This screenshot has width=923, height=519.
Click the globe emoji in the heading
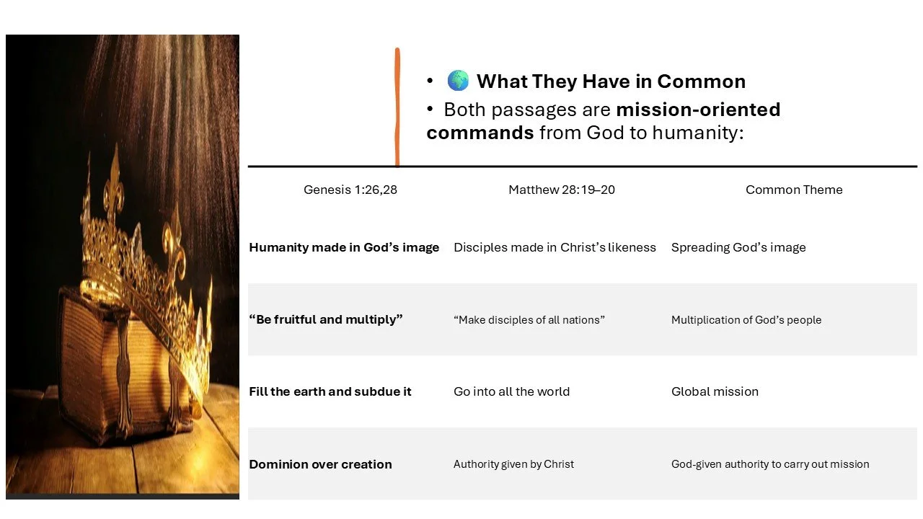point(458,81)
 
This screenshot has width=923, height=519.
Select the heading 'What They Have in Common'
point(611,81)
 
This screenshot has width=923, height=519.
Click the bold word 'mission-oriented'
point(698,110)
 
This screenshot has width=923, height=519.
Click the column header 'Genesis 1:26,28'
point(350,190)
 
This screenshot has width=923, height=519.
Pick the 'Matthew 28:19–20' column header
point(562,190)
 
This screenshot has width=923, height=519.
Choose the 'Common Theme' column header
point(794,190)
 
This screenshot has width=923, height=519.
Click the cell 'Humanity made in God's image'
point(344,247)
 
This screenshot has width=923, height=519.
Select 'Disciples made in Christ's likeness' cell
point(555,247)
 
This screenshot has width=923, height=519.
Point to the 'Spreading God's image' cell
point(738,247)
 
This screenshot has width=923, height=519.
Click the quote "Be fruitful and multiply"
point(325,319)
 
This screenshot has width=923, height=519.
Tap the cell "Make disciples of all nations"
point(529,319)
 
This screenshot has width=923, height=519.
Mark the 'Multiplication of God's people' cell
point(746,319)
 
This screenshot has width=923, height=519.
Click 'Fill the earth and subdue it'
point(330,391)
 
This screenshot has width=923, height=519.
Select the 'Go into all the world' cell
point(511,391)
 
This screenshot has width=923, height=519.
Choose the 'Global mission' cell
point(715,391)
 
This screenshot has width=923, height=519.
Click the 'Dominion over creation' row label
point(320,464)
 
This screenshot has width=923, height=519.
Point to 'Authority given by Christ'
point(513,464)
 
